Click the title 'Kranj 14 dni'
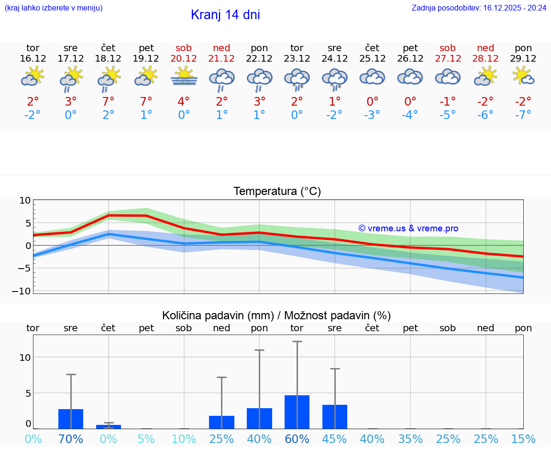pos(225,15)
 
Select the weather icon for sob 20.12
pos(184,76)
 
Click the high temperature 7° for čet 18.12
pos(108,101)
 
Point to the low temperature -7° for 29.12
pos(523,115)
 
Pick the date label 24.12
pos(334,59)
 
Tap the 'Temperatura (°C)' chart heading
pos(277,192)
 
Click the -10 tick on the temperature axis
pos(25,291)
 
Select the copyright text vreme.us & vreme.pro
pos(408,228)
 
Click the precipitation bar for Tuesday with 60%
pos(297,412)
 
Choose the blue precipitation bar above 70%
pos(71,419)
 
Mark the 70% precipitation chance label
pos(71,439)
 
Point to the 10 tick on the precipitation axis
pos(25,358)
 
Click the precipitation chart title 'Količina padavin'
pos(276,315)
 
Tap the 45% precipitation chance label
pos(334,439)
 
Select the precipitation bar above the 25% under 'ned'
pos(221,422)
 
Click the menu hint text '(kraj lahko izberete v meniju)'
pos(54,8)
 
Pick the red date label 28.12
pos(485,59)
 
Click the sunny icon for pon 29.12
pos(523,76)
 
